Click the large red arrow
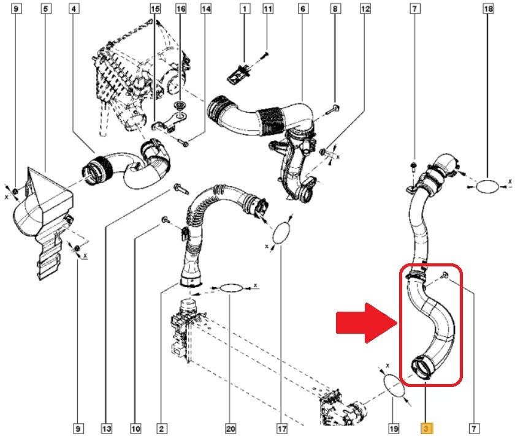[365, 323]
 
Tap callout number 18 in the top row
[489, 9]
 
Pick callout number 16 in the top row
[181, 9]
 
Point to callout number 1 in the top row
[245, 9]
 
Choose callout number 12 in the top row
[366, 9]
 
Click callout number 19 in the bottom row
[394, 429]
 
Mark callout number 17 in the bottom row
[281, 429]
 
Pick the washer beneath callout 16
[181, 111]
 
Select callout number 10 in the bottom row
[135, 429]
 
